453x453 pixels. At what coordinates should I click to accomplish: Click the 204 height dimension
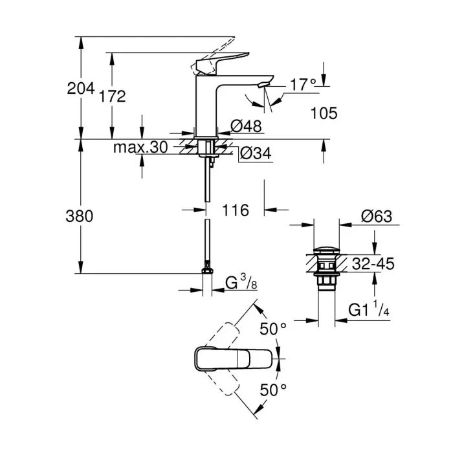[x=81, y=89]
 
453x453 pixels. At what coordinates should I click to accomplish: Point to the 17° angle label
[x=302, y=84]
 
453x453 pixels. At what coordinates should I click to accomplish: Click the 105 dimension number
[x=324, y=114]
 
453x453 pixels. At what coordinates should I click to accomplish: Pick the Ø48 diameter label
[x=245, y=127]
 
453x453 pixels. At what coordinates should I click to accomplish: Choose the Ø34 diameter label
[x=254, y=153]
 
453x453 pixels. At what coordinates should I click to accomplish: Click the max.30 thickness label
[x=140, y=148]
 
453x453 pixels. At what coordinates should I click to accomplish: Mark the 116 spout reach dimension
[x=235, y=210]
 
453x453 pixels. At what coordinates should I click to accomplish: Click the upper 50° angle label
[x=273, y=329]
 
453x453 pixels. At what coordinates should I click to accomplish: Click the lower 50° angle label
[x=273, y=390]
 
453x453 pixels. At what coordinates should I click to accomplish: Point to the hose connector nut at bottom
[x=207, y=268]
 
